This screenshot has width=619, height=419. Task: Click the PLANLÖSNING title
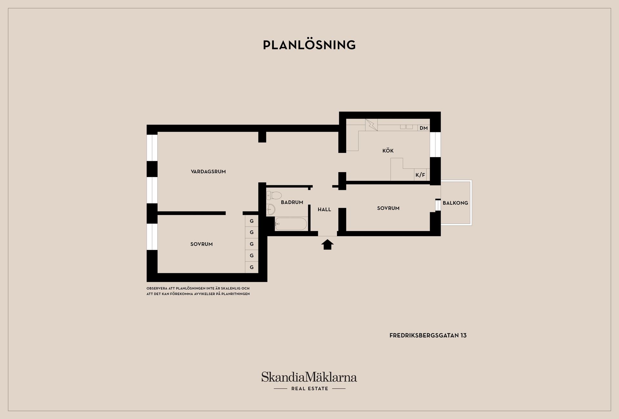coord(309,45)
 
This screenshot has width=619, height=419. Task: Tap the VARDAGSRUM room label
coord(208,172)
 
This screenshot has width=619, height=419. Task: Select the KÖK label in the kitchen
coord(388,150)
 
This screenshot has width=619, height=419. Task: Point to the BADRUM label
coord(292,202)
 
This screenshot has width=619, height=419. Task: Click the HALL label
coord(324,209)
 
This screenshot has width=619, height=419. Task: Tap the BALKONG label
coord(455,203)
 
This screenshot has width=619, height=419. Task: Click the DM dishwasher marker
coord(424,128)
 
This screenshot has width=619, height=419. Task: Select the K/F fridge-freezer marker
coord(420,175)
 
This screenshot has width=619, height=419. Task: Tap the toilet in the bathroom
coord(274,195)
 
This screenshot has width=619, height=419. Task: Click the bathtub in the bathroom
coord(291,224)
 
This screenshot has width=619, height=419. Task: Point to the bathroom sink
coord(271,209)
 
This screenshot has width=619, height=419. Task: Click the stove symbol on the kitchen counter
coord(371,125)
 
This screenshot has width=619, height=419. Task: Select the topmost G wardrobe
coord(252,221)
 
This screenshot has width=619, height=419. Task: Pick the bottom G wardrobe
coord(252,267)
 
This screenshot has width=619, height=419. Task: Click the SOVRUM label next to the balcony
coord(388,208)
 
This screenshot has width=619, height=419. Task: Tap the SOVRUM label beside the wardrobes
coord(201,244)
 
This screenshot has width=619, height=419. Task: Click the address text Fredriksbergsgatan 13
coord(428,335)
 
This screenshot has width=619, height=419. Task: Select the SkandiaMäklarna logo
coord(309,381)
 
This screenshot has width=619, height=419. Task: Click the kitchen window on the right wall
coord(435,144)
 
